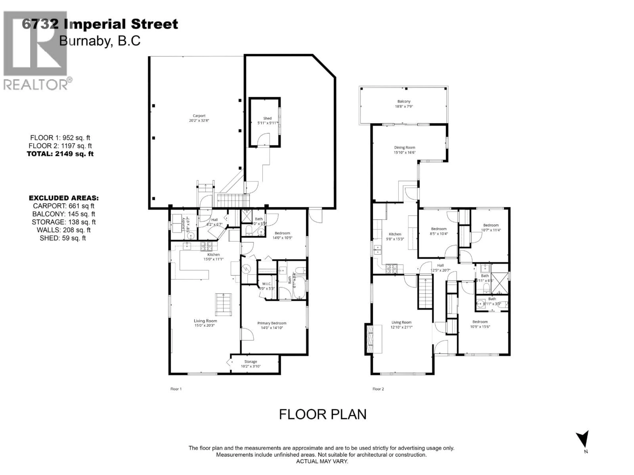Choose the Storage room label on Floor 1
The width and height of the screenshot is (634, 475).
250,362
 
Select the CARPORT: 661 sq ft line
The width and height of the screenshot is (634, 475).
63,206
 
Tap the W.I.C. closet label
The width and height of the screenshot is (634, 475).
266,284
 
